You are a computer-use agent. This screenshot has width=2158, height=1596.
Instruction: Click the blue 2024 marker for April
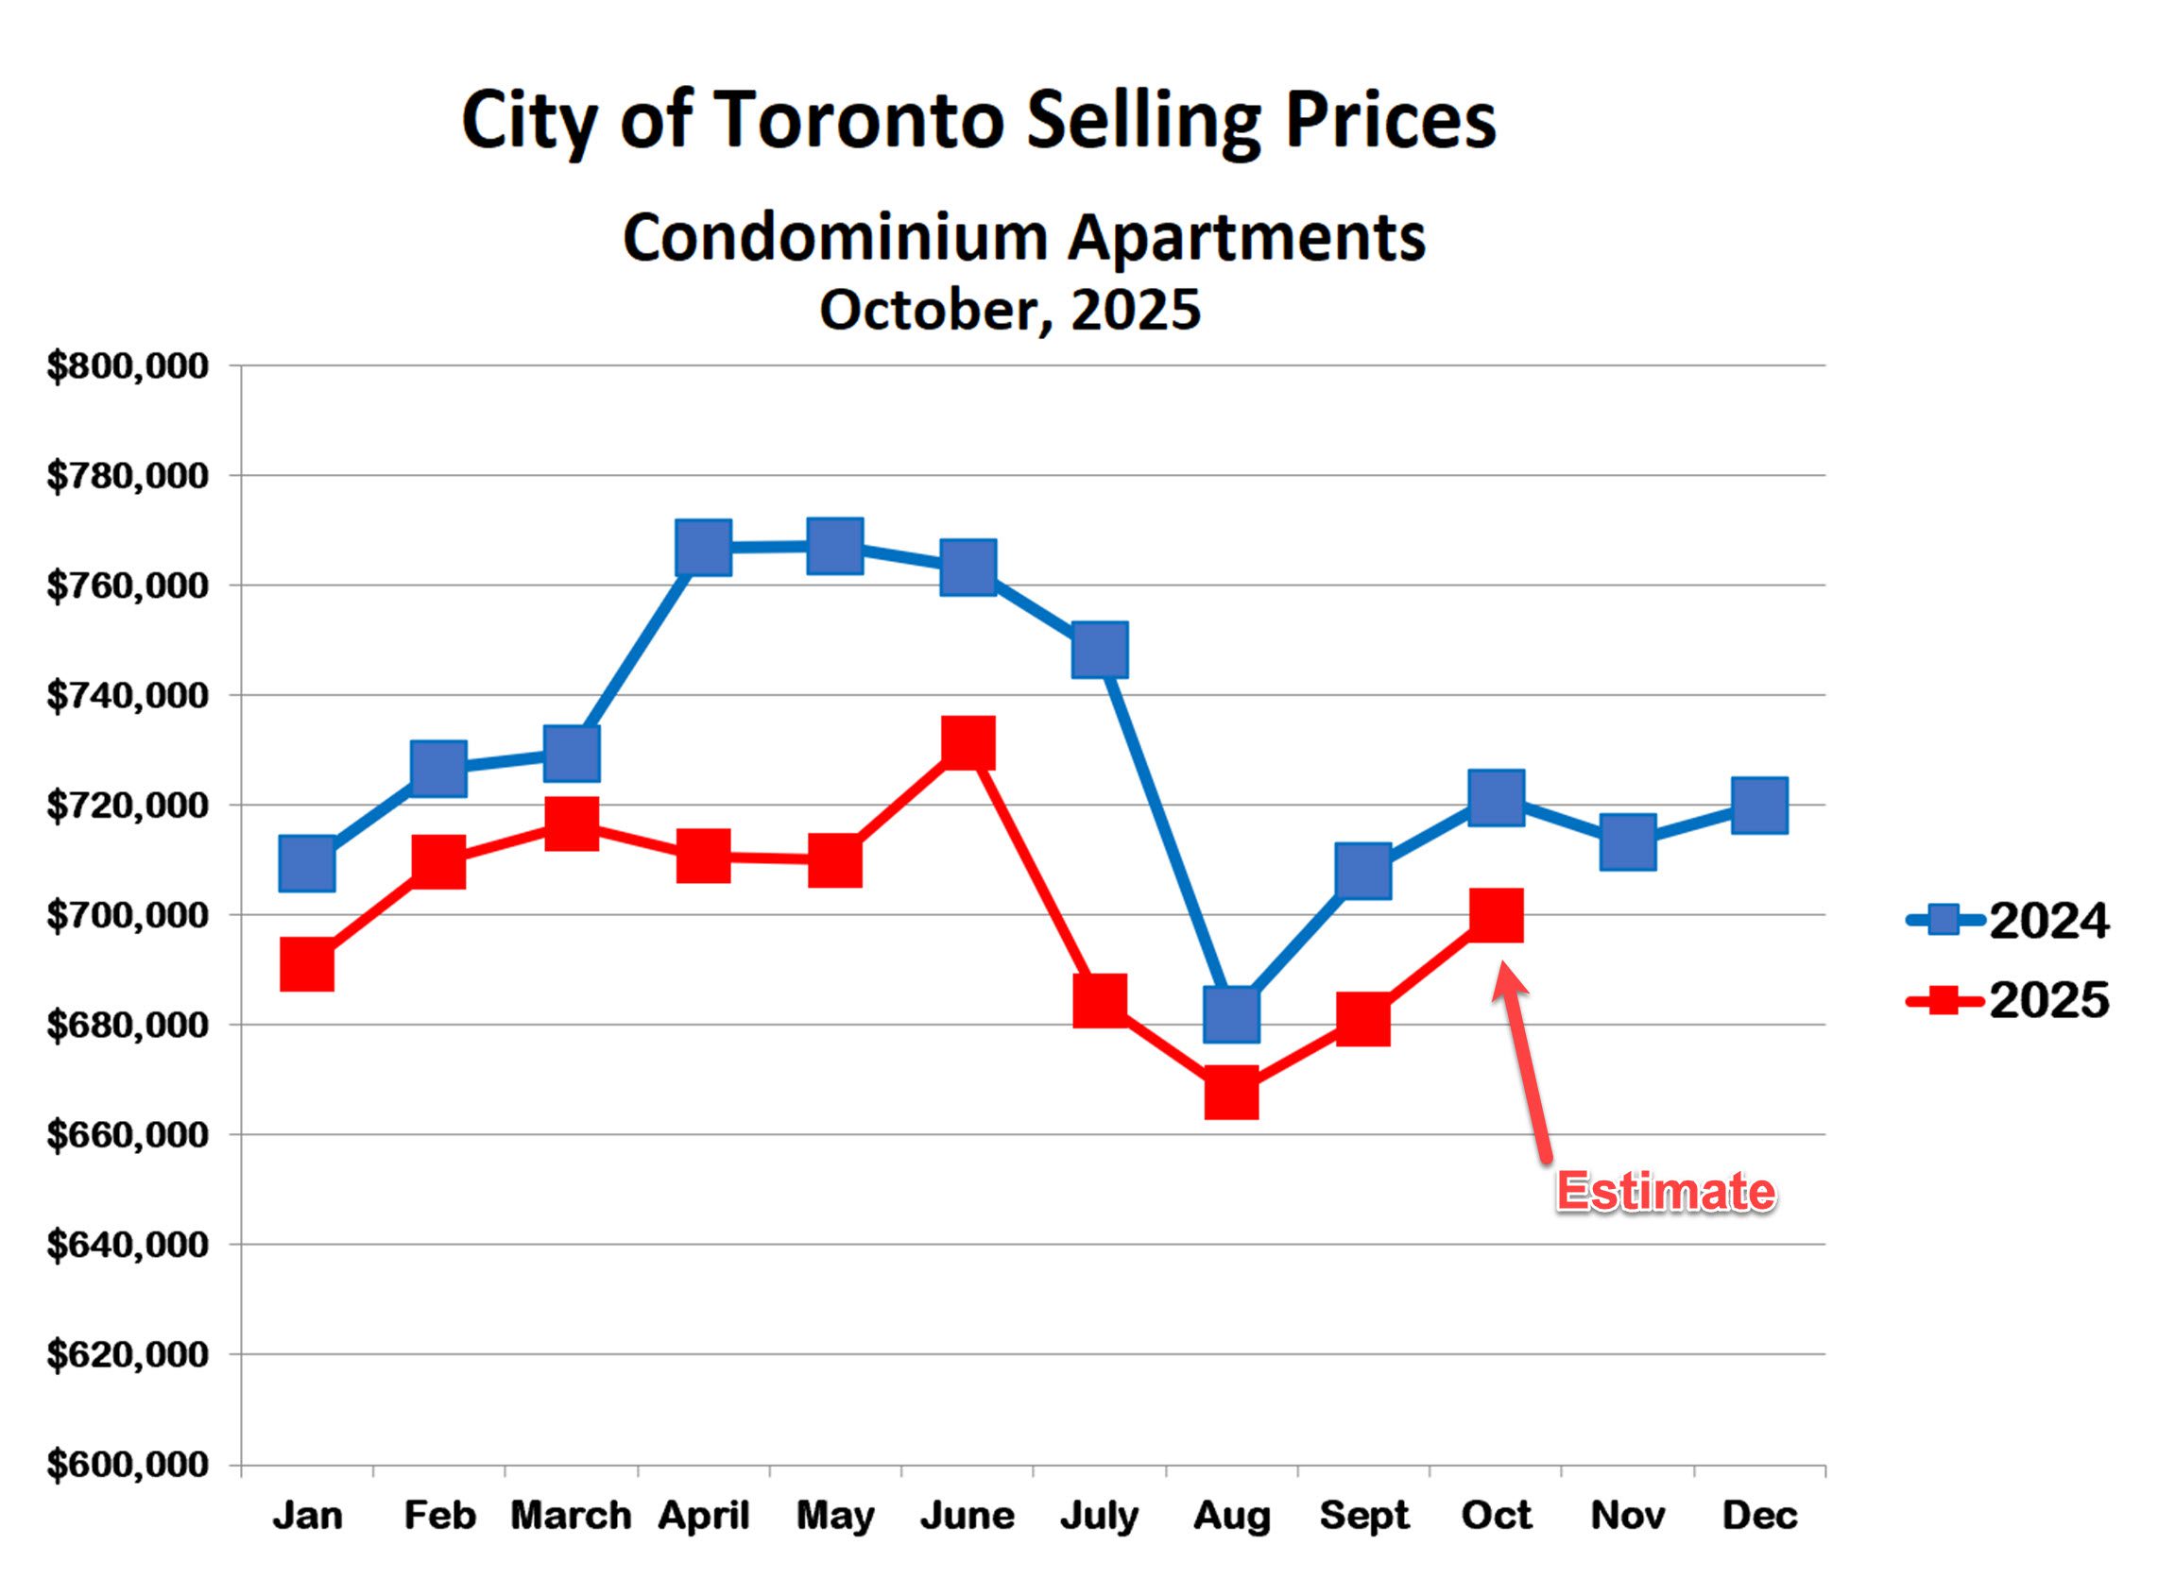point(704,547)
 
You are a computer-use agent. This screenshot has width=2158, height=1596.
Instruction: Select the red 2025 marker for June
point(968,742)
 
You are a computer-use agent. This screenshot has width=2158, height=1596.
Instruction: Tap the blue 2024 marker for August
point(1231,1014)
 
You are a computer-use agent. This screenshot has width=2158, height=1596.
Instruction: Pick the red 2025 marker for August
point(1231,1093)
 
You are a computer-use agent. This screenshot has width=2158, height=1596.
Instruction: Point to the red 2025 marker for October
point(1496,915)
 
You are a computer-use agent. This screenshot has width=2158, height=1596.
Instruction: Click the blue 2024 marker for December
point(1760,805)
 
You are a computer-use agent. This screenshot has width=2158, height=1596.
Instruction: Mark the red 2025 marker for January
point(307,964)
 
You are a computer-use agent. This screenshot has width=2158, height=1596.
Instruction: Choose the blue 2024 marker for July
point(1100,649)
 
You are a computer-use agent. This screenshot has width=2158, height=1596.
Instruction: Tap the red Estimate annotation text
point(1665,1191)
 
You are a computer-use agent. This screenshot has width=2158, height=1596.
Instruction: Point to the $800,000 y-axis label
point(128,367)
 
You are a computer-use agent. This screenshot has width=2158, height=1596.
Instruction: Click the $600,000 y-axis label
point(128,1465)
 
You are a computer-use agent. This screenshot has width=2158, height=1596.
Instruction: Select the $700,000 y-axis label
point(128,915)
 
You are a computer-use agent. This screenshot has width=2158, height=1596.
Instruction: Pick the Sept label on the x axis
point(1363,1515)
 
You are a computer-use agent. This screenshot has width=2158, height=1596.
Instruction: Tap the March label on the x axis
point(570,1515)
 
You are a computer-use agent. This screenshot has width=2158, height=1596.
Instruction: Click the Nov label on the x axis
point(1627,1515)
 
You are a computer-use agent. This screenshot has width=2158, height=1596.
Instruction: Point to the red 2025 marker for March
point(571,823)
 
